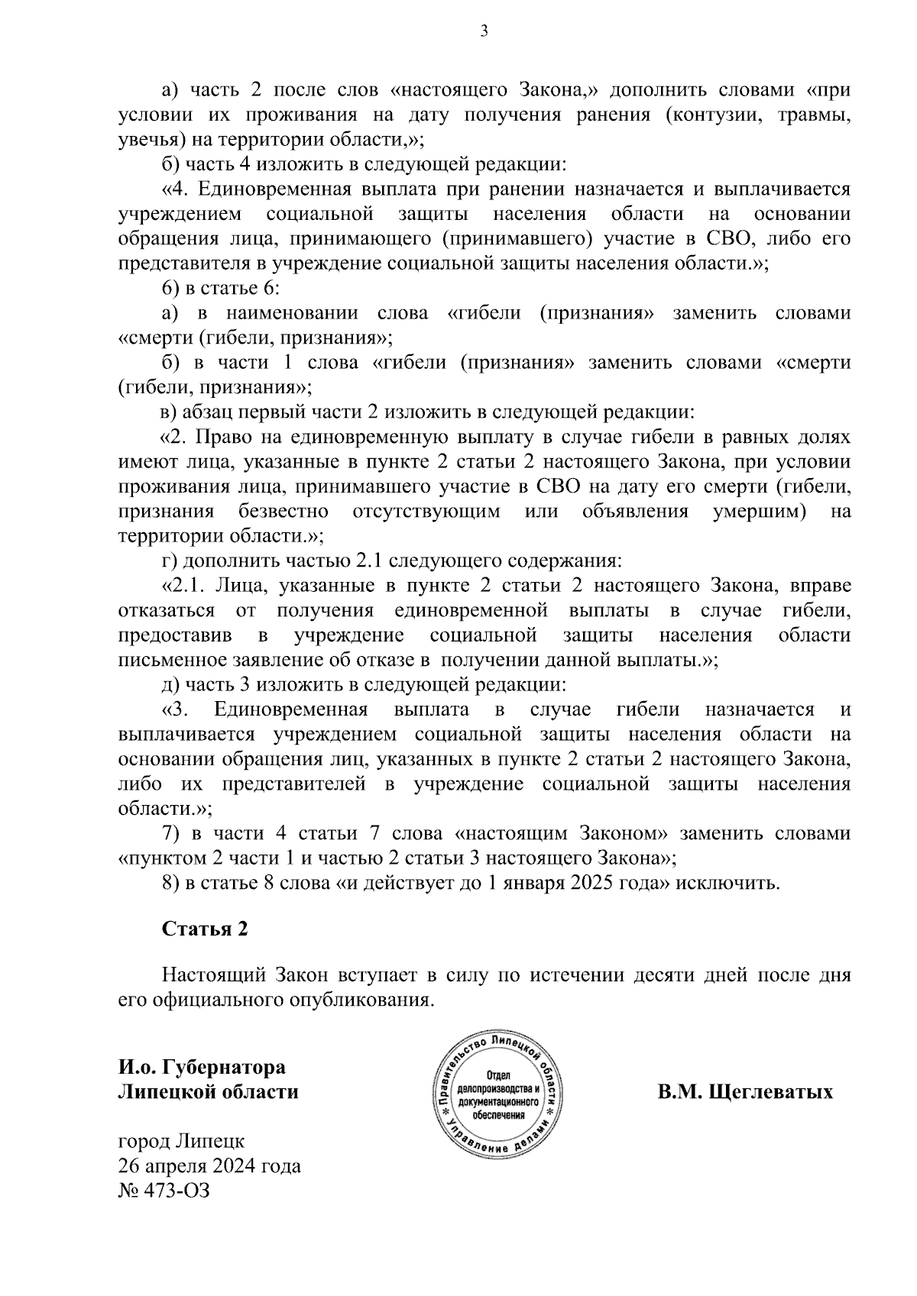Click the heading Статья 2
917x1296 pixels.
205,929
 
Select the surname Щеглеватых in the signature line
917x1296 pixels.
771,1092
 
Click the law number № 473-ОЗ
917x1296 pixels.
163,1191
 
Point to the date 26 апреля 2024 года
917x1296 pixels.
209,1166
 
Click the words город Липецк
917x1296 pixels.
181,1142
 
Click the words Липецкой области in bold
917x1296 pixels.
208,1092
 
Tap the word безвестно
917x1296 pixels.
284,511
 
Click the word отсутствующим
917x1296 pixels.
426,511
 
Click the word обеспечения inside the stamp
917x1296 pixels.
500,1114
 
